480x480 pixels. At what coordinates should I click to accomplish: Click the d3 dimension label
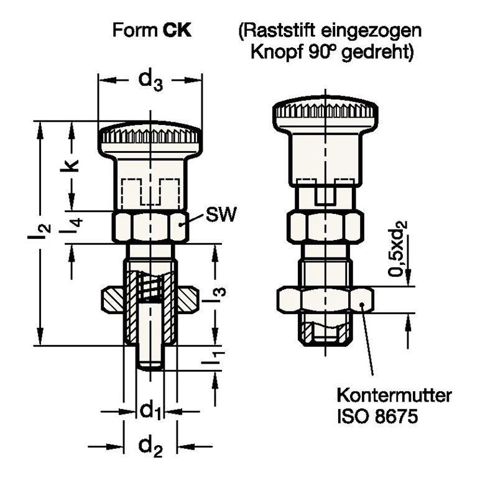pyautogui.click(x=150, y=81)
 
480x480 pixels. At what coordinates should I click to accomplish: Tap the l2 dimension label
pyautogui.click(x=41, y=231)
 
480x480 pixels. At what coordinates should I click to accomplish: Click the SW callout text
pyautogui.click(x=221, y=216)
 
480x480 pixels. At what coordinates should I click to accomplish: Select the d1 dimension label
pyautogui.click(x=150, y=410)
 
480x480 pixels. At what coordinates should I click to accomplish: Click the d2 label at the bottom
pyautogui.click(x=150, y=446)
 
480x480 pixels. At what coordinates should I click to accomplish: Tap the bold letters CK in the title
pyautogui.click(x=177, y=30)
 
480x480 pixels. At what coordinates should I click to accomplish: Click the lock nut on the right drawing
pyautogui.click(x=325, y=302)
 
